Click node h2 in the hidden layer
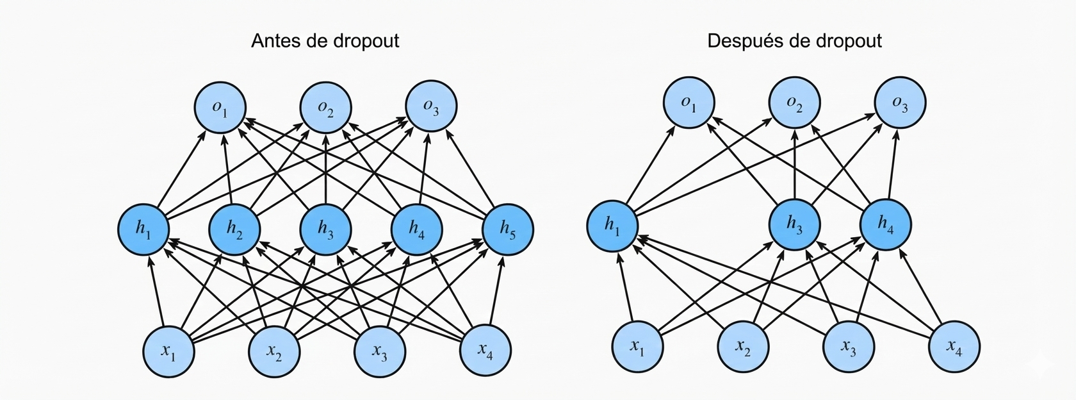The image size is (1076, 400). [x=235, y=229]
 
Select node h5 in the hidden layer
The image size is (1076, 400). [x=507, y=229]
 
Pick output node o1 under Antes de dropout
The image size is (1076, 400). [x=220, y=107]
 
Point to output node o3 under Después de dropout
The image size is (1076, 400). [x=900, y=103]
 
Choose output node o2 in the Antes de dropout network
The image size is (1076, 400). [x=326, y=107]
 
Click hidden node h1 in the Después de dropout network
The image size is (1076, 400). [x=612, y=226]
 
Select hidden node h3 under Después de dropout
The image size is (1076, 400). [x=794, y=224]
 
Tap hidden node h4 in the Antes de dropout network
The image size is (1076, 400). [x=417, y=229]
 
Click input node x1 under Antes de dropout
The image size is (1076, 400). [x=168, y=351]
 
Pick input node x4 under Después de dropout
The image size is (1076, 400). [x=954, y=347]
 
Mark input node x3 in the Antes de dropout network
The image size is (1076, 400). [x=380, y=351]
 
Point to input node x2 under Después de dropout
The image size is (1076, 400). [x=742, y=347]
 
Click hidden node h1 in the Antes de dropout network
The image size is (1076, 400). [x=143, y=229]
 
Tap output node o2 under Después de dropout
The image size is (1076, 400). [x=794, y=103]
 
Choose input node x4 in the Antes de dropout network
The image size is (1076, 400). [x=485, y=351]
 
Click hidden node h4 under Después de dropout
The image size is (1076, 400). [x=885, y=224]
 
